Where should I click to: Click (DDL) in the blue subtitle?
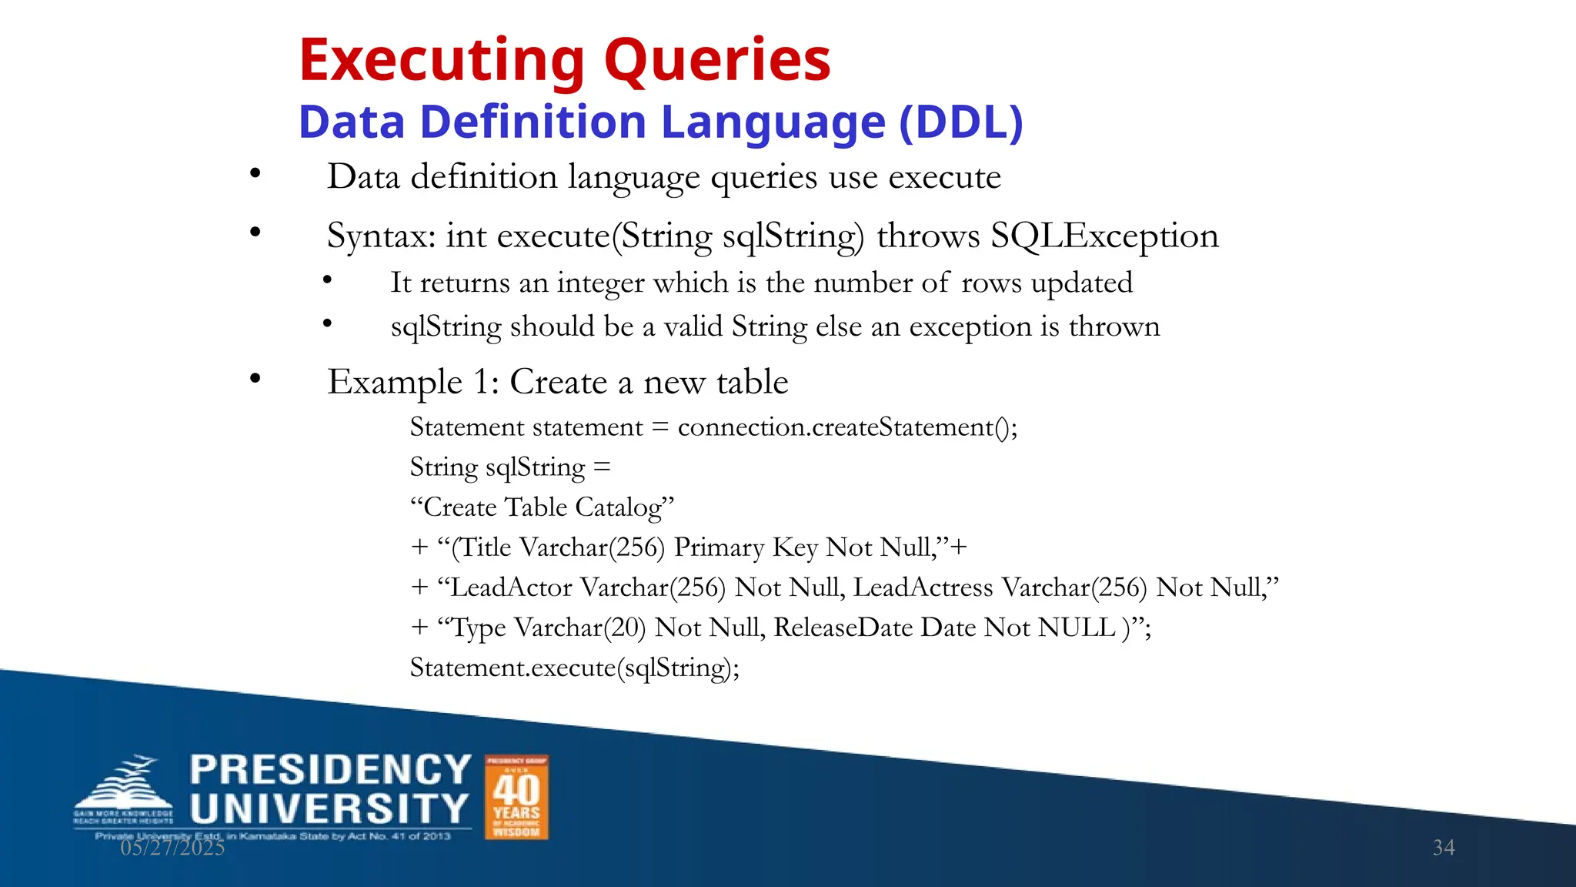(x=961, y=122)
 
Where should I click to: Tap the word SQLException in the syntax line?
(x=1104, y=236)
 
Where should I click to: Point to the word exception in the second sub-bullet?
(x=970, y=327)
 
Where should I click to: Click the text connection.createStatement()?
(x=847, y=427)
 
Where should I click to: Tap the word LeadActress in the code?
(x=923, y=587)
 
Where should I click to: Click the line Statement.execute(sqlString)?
(x=574, y=668)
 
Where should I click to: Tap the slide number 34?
(x=1443, y=848)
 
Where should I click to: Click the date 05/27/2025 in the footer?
(x=172, y=848)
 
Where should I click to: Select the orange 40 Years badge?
(x=516, y=797)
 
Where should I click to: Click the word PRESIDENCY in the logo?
(x=330, y=770)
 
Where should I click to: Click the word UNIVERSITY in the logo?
(x=329, y=809)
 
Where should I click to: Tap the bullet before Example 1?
(x=255, y=379)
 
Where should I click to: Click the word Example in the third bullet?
(x=395, y=383)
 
